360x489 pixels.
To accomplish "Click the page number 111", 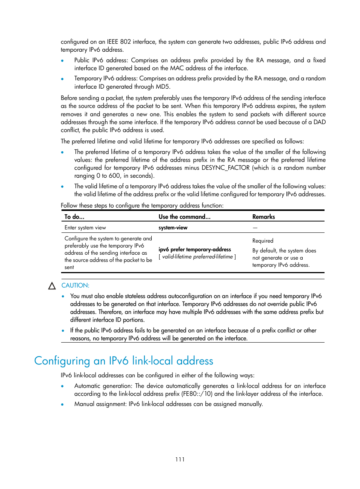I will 180,459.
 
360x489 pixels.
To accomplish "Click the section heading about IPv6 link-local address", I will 123,361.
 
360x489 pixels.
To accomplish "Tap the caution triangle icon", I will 52,286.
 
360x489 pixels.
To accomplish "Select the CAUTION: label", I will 75,286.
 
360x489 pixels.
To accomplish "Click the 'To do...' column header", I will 74,217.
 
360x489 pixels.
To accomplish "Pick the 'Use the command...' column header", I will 185,217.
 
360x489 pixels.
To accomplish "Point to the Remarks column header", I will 263,217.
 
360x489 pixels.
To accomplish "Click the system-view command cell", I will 173,228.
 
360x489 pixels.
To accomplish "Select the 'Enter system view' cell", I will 85,228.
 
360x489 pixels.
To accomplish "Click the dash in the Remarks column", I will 255,228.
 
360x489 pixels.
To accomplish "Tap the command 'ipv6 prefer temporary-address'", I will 195,249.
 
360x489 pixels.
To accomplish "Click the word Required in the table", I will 263,241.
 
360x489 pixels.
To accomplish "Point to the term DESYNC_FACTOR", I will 226,168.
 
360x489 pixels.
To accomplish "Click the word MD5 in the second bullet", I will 163,86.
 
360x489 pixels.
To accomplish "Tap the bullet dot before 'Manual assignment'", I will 62,404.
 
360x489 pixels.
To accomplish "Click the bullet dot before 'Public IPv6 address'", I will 62,60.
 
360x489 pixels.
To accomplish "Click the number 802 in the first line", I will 125,42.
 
